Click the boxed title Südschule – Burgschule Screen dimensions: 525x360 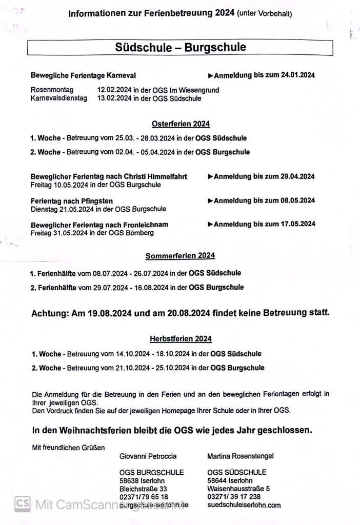coord(180,48)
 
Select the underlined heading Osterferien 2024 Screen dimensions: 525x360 coord(181,124)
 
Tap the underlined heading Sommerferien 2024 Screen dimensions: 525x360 coord(180,255)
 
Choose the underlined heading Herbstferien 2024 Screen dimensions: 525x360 coord(181,338)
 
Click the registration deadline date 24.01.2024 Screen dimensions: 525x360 coord(297,75)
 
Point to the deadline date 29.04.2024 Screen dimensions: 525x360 coord(297,176)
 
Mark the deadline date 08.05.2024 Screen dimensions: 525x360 coord(297,200)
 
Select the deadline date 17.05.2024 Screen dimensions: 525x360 coord(297,224)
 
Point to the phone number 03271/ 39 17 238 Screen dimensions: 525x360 coord(234,496)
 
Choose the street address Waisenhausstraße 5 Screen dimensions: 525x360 coord(238,489)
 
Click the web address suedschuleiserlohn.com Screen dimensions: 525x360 coord(244,505)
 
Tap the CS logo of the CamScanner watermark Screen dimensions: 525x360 coord(22,504)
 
